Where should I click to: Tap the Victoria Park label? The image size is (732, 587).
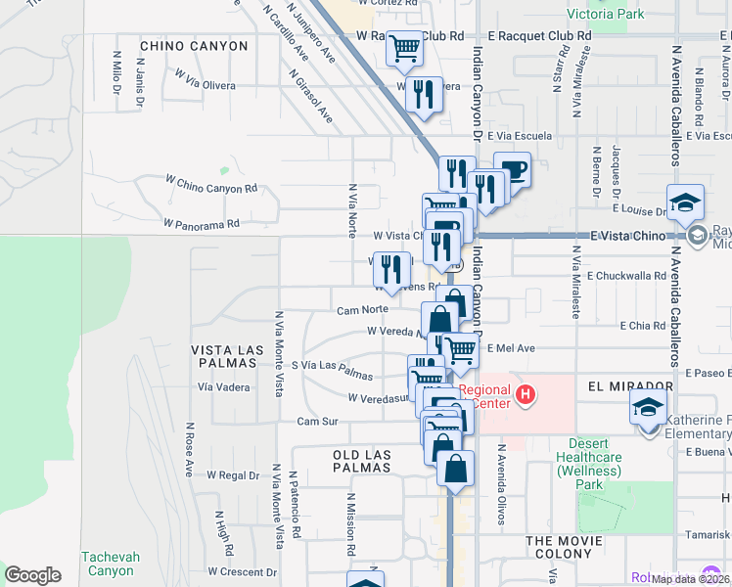[x=606, y=15]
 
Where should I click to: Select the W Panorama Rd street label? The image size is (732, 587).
[x=202, y=224]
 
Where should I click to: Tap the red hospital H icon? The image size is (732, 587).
[x=526, y=395]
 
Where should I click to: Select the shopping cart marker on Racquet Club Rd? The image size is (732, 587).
[x=404, y=48]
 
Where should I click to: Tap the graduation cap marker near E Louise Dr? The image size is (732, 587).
[x=686, y=203]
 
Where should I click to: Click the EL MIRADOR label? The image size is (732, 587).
[x=631, y=386]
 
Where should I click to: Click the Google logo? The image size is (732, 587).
[x=32, y=575]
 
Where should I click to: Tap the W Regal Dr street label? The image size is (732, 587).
[x=233, y=475]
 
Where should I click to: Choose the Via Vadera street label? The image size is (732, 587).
[x=223, y=386]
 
